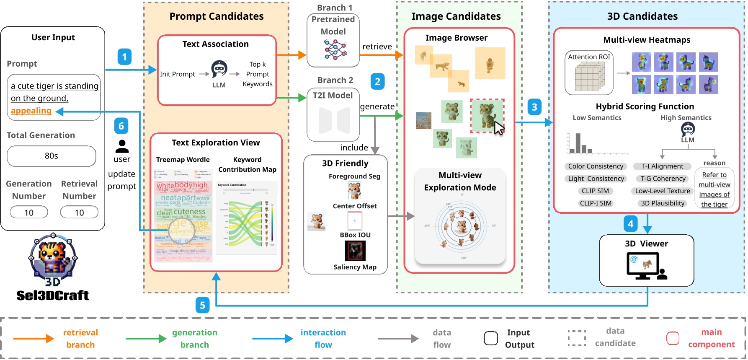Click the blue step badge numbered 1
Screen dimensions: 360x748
[124, 57]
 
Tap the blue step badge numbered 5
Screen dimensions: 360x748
[202, 305]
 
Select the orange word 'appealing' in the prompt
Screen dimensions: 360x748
[31, 111]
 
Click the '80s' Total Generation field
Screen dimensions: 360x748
[52, 156]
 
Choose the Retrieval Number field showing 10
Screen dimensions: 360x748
[79, 212]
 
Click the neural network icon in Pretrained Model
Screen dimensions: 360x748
[335, 49]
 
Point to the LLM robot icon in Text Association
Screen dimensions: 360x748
[219, 69]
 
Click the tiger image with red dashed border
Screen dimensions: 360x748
[487, 116]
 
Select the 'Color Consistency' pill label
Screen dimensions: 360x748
[596, 166]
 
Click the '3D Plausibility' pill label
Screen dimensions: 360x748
[663, 203]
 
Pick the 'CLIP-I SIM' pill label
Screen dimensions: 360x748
[596, 203]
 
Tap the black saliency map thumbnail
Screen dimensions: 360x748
[355, 251]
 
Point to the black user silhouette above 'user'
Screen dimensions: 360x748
[122, 146]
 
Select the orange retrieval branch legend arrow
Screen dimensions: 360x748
[34, 339]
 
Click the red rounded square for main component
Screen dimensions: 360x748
[673, 338]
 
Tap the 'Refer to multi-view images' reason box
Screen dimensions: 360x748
[714, 189]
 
